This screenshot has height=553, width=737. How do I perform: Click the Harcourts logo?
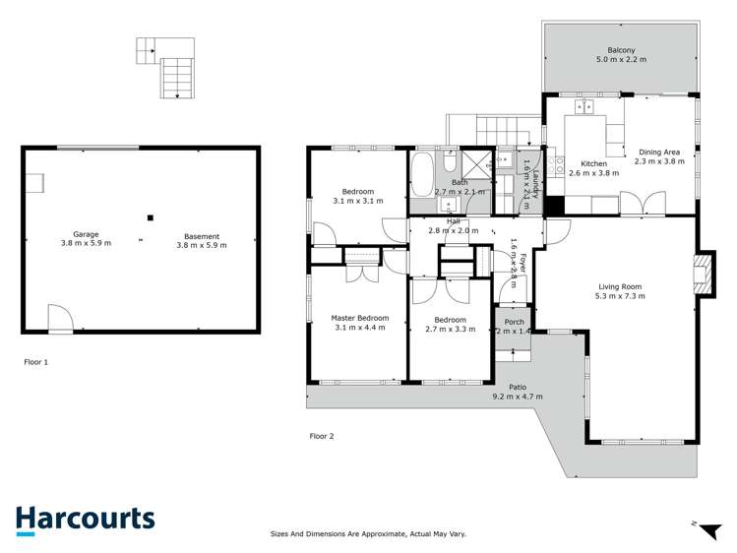click(x=85, y=520)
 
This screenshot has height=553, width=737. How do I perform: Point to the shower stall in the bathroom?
click(x=476, y=164)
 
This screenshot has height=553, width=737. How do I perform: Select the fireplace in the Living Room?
click(x=700, y=272)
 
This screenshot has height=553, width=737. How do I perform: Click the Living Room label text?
click(x=620, y=284)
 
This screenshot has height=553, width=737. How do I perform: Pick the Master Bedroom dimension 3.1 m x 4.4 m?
click(x=359, y=328)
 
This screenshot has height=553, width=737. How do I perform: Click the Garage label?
click(x=86, y=234)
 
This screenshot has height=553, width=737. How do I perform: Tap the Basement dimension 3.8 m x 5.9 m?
click(x=201, y=245)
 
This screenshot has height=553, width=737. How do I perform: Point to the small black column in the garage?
click(x=150, y=217)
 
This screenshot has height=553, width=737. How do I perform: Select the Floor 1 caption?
click(x=35, y=362)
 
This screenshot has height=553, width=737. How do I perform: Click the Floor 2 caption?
click(x=322, y=436)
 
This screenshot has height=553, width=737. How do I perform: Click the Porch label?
click(x=514, y=322)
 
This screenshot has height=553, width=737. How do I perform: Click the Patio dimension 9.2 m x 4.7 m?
click(x=518, y=397)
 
